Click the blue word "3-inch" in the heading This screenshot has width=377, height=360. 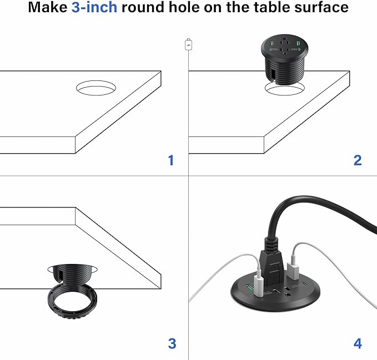[x=94, y=8]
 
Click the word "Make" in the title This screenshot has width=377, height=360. [x=47, y=8]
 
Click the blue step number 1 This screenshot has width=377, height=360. [x=171, y=160]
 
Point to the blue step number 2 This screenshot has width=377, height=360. [x=358, y=160]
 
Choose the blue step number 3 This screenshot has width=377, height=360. [x=172, y=343]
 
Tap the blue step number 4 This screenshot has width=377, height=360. [x=358, y=343]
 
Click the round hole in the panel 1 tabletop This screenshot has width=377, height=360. [x=96, y=88]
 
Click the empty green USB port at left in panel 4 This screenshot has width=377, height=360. [x=247, y=289]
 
